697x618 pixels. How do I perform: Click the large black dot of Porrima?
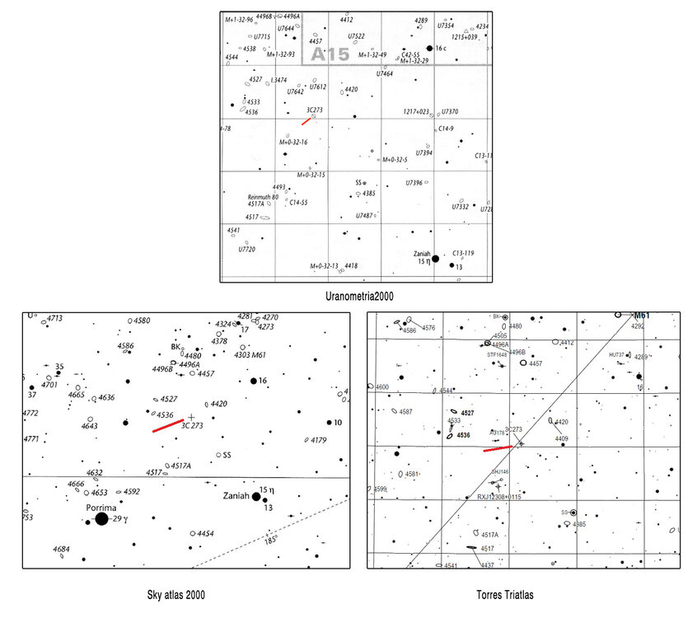101,519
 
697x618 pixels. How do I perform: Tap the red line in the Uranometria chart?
306,121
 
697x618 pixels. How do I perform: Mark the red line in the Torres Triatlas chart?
498,449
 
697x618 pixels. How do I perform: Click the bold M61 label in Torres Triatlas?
643,316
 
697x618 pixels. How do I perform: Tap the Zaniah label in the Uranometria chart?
416,254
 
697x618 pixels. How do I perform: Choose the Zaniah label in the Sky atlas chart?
240,497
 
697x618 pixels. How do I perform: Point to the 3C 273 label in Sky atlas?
192,427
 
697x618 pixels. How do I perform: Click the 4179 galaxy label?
320,440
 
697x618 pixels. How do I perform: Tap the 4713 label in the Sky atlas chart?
55,318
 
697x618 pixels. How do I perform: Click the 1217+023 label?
416,111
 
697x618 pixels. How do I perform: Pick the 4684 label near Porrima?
61,550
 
